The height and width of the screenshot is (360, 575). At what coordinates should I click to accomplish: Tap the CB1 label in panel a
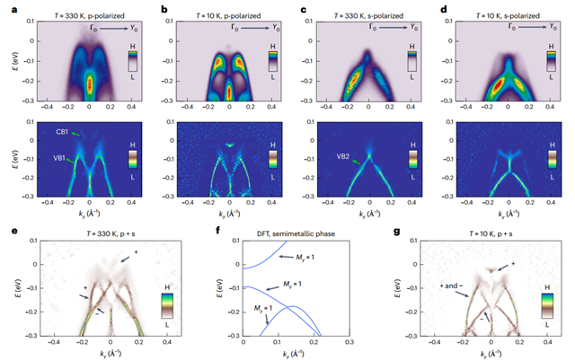(64, 131)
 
